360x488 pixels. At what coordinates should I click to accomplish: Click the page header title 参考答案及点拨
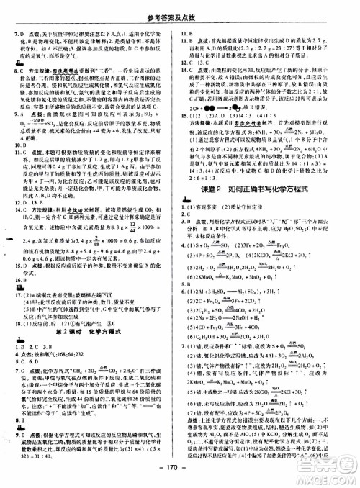179,9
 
